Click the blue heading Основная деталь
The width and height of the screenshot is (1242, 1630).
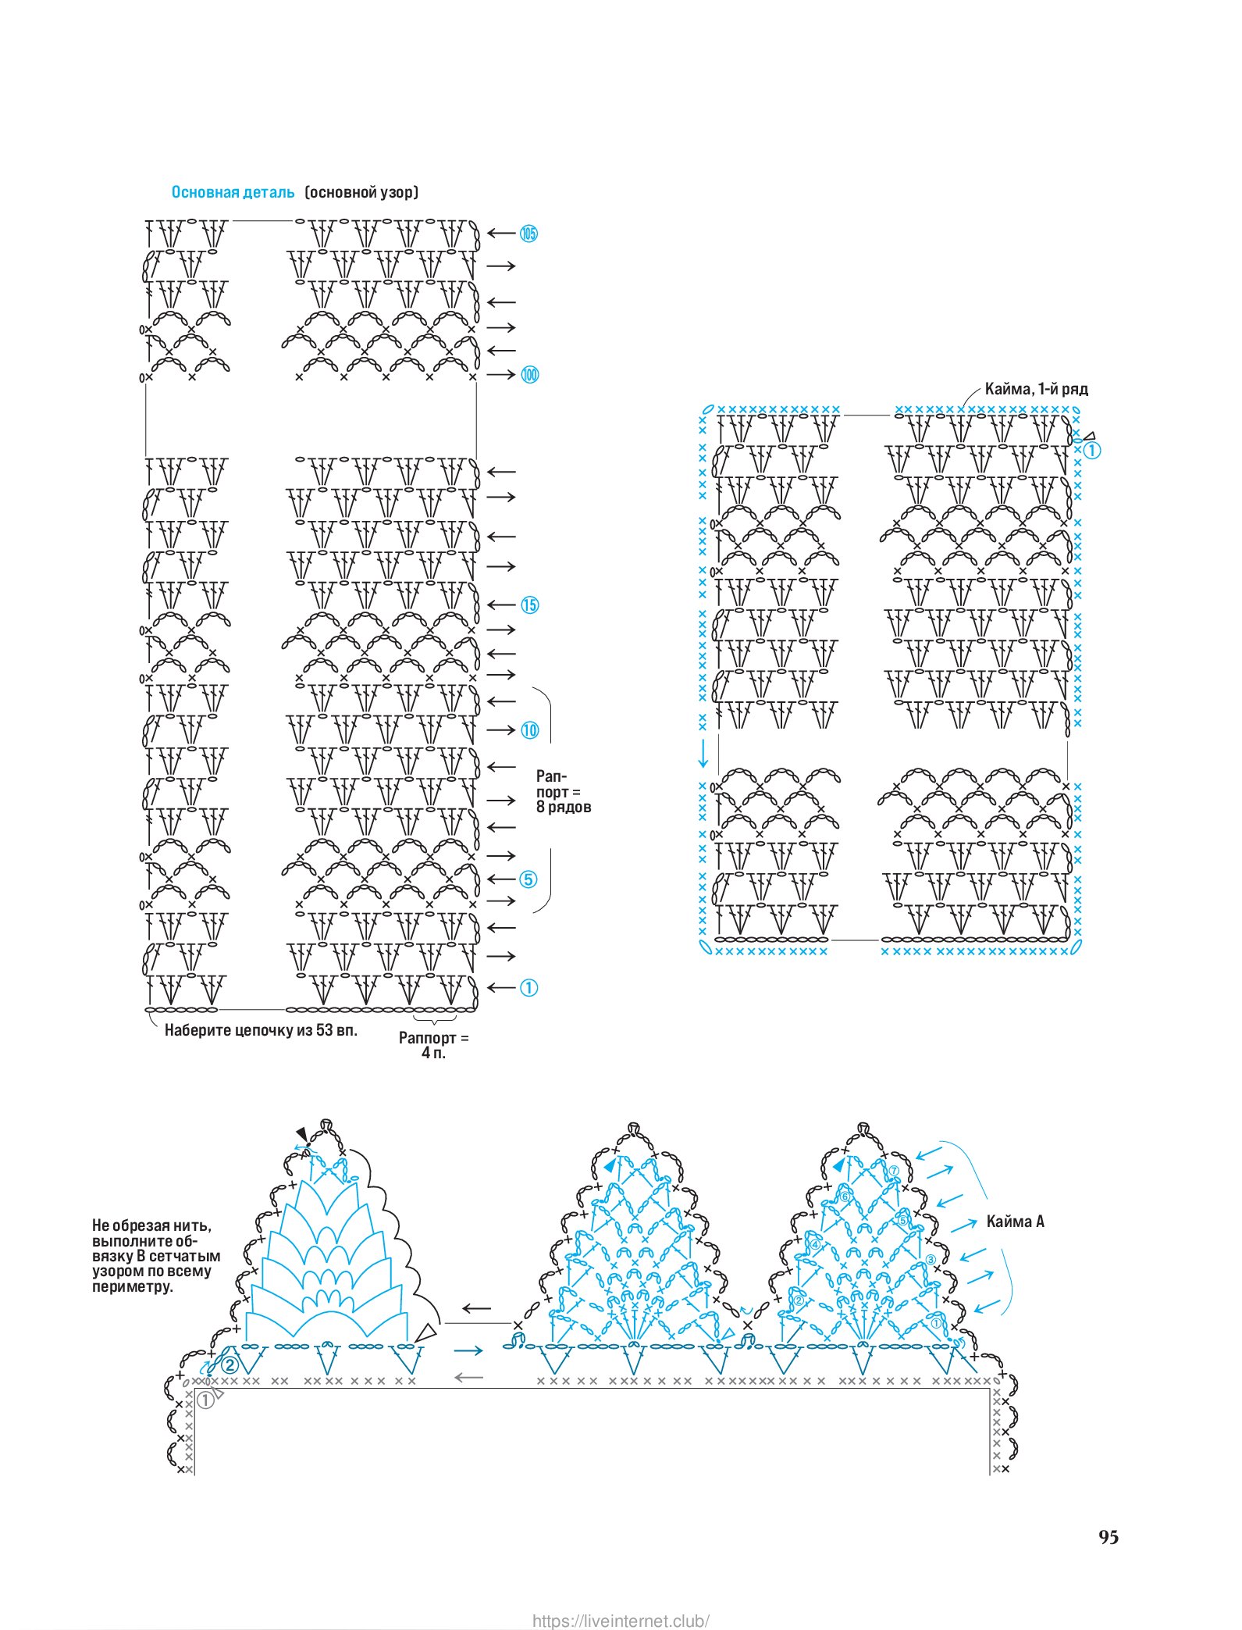pyautogui.click(x=233, y=192)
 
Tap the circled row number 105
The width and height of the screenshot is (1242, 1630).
pyautogui.click(x=529, y=233)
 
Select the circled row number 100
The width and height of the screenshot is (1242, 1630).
pyautogui.click(x=529, y=375)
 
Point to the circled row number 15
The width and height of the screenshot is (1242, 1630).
pyautogui.click(x=529, y=605)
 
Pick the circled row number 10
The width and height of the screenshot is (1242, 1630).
pyautogui.click(x=529, y=730)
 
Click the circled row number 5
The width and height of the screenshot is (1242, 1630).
pyautogui.click(x=528, y=879)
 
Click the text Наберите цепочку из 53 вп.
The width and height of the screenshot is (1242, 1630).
pyautogui.click(x=261, y=1030)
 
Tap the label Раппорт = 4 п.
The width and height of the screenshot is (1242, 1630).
pyautogui.click(x=434, y=1045)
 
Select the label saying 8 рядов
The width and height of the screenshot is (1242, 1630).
pyautogui.click(x=564, y=807)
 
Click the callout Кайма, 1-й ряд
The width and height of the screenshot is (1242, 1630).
pyautogui.click(x=1036, y=389)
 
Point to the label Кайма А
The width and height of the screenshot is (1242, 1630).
pyautogui.click(x=1015, y=1222)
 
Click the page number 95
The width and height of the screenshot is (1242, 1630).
pyautogui.click(x=1109, y=1537)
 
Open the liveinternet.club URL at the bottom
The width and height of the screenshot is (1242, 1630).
pyautogui.click(x=621, y=1614)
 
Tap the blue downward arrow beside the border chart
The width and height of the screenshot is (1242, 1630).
pyautogui.click(x=703, y=752)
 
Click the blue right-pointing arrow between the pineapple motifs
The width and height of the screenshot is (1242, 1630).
pyautogui.click(x=468, y=1350)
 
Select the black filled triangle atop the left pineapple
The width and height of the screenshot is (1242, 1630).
pyautogui.click(x=302, y=1134)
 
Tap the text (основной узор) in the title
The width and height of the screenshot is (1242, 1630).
pyautogui.click(x=361, y=192)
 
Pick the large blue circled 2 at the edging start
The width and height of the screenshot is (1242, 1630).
pyautogui.click(x=230, y=1365)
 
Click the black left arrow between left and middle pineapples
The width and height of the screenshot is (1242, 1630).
pyautogui.click(x=476, y=1308)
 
